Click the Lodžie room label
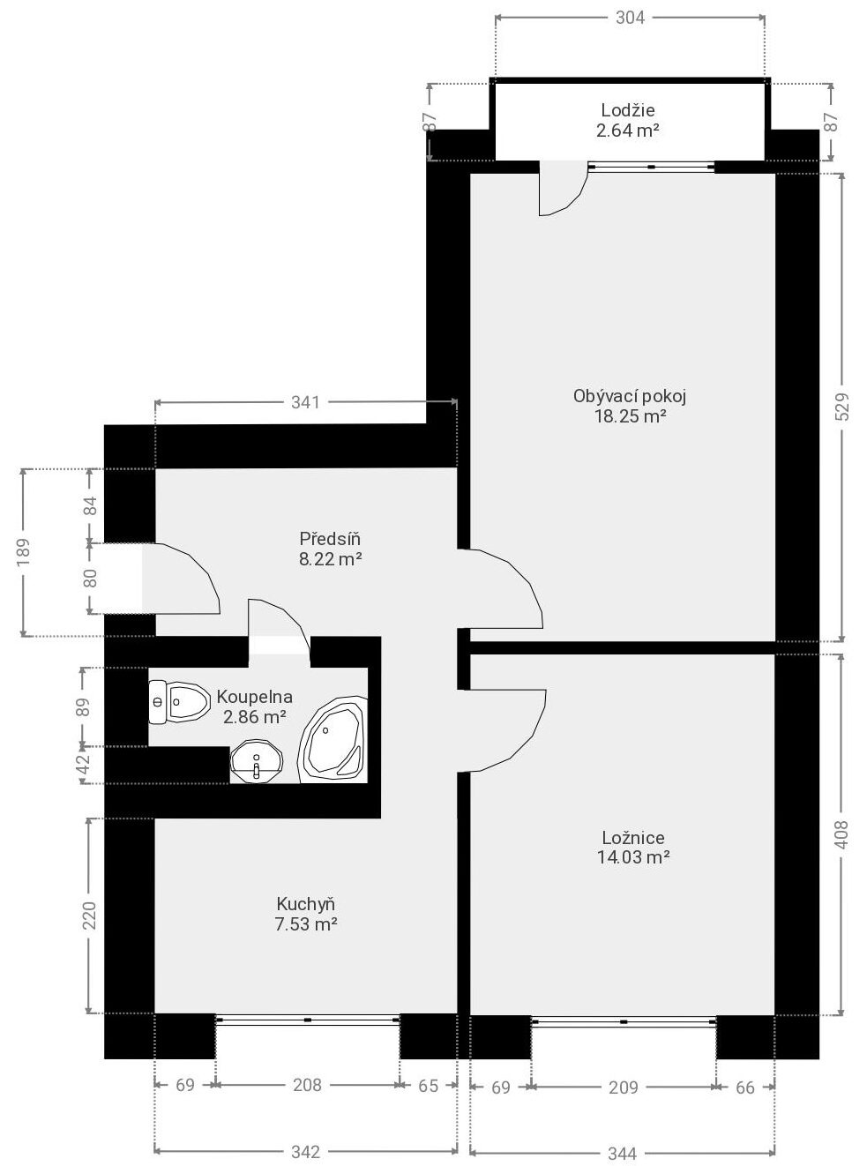[628, 110]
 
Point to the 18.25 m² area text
[631, 417]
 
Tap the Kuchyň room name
[306, 904]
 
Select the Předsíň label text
[330, 539]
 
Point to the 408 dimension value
[841, 834]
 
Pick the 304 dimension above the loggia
[630, 18]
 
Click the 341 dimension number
[305, 403]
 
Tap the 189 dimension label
[24, 552]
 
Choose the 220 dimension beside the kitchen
[90, 916]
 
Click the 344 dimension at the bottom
[623, 1154]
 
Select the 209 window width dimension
[623, 1088]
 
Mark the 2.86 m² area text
[255, 717]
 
